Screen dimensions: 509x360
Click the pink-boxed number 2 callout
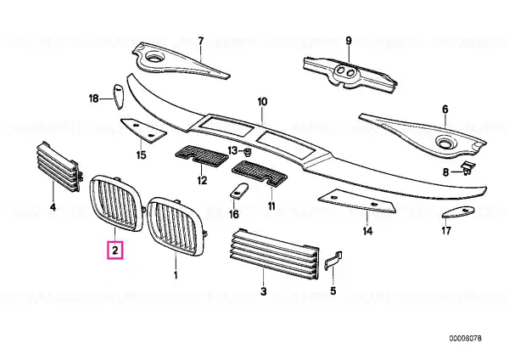pyautogui.click(x=115, y=250)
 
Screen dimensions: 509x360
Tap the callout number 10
pyautogui.click(x=262, y=102)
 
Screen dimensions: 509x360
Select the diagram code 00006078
pyautogui.click(x=466, y=338)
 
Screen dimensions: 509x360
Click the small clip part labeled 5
pyautogui.click(x=333, y=259)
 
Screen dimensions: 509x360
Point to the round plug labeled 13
pyautogui.click(x=248, y=152)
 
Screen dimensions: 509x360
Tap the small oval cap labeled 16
pyautogui.click(x=239, y=190)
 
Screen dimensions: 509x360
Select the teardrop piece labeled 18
pyautogui.click(x=119, y=97)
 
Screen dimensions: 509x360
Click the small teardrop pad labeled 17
pyautogui.click(x=458, y=211)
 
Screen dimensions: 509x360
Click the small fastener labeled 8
pyautogui.click(x=467, y=167)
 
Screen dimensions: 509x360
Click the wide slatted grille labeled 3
pyautogui.click(x=274, y=254)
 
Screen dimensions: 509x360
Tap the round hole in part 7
pyautogui.click(x=153, y=58)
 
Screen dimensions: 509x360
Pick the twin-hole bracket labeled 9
pyautogui.click(x=350, y=73)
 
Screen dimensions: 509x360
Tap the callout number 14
pyautogui.click(x=367, y=231)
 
